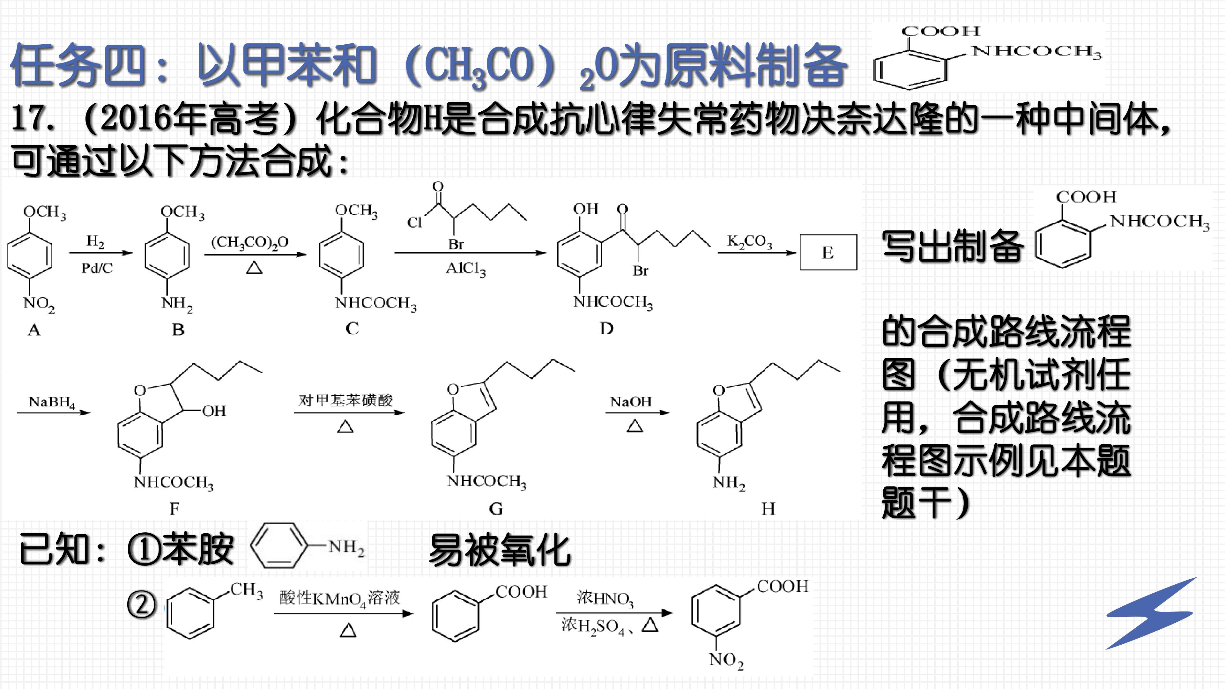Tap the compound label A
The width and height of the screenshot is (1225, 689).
point(34,329)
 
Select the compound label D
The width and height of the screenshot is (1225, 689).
point(606,328)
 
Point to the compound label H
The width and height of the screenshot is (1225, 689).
point(768,509)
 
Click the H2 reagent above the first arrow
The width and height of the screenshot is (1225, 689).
point(95,241)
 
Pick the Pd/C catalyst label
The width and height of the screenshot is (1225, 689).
point(97,268)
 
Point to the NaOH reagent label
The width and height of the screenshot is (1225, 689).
point(631,402)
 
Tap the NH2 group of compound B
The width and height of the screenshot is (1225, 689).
point(177,303)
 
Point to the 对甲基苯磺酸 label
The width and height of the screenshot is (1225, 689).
point(345,400)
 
